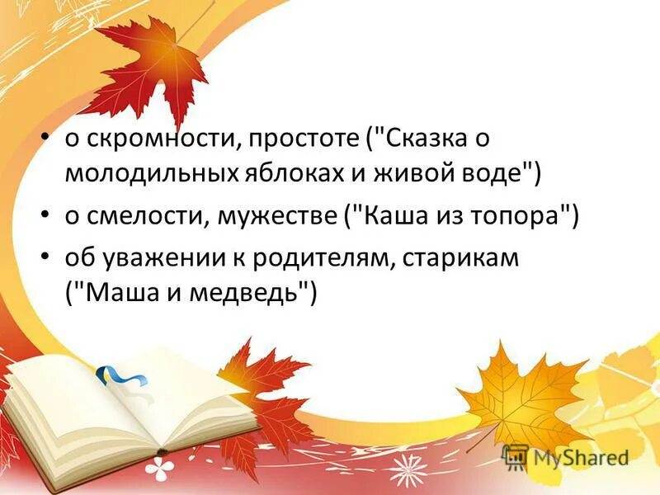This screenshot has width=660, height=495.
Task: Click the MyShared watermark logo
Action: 566,457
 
